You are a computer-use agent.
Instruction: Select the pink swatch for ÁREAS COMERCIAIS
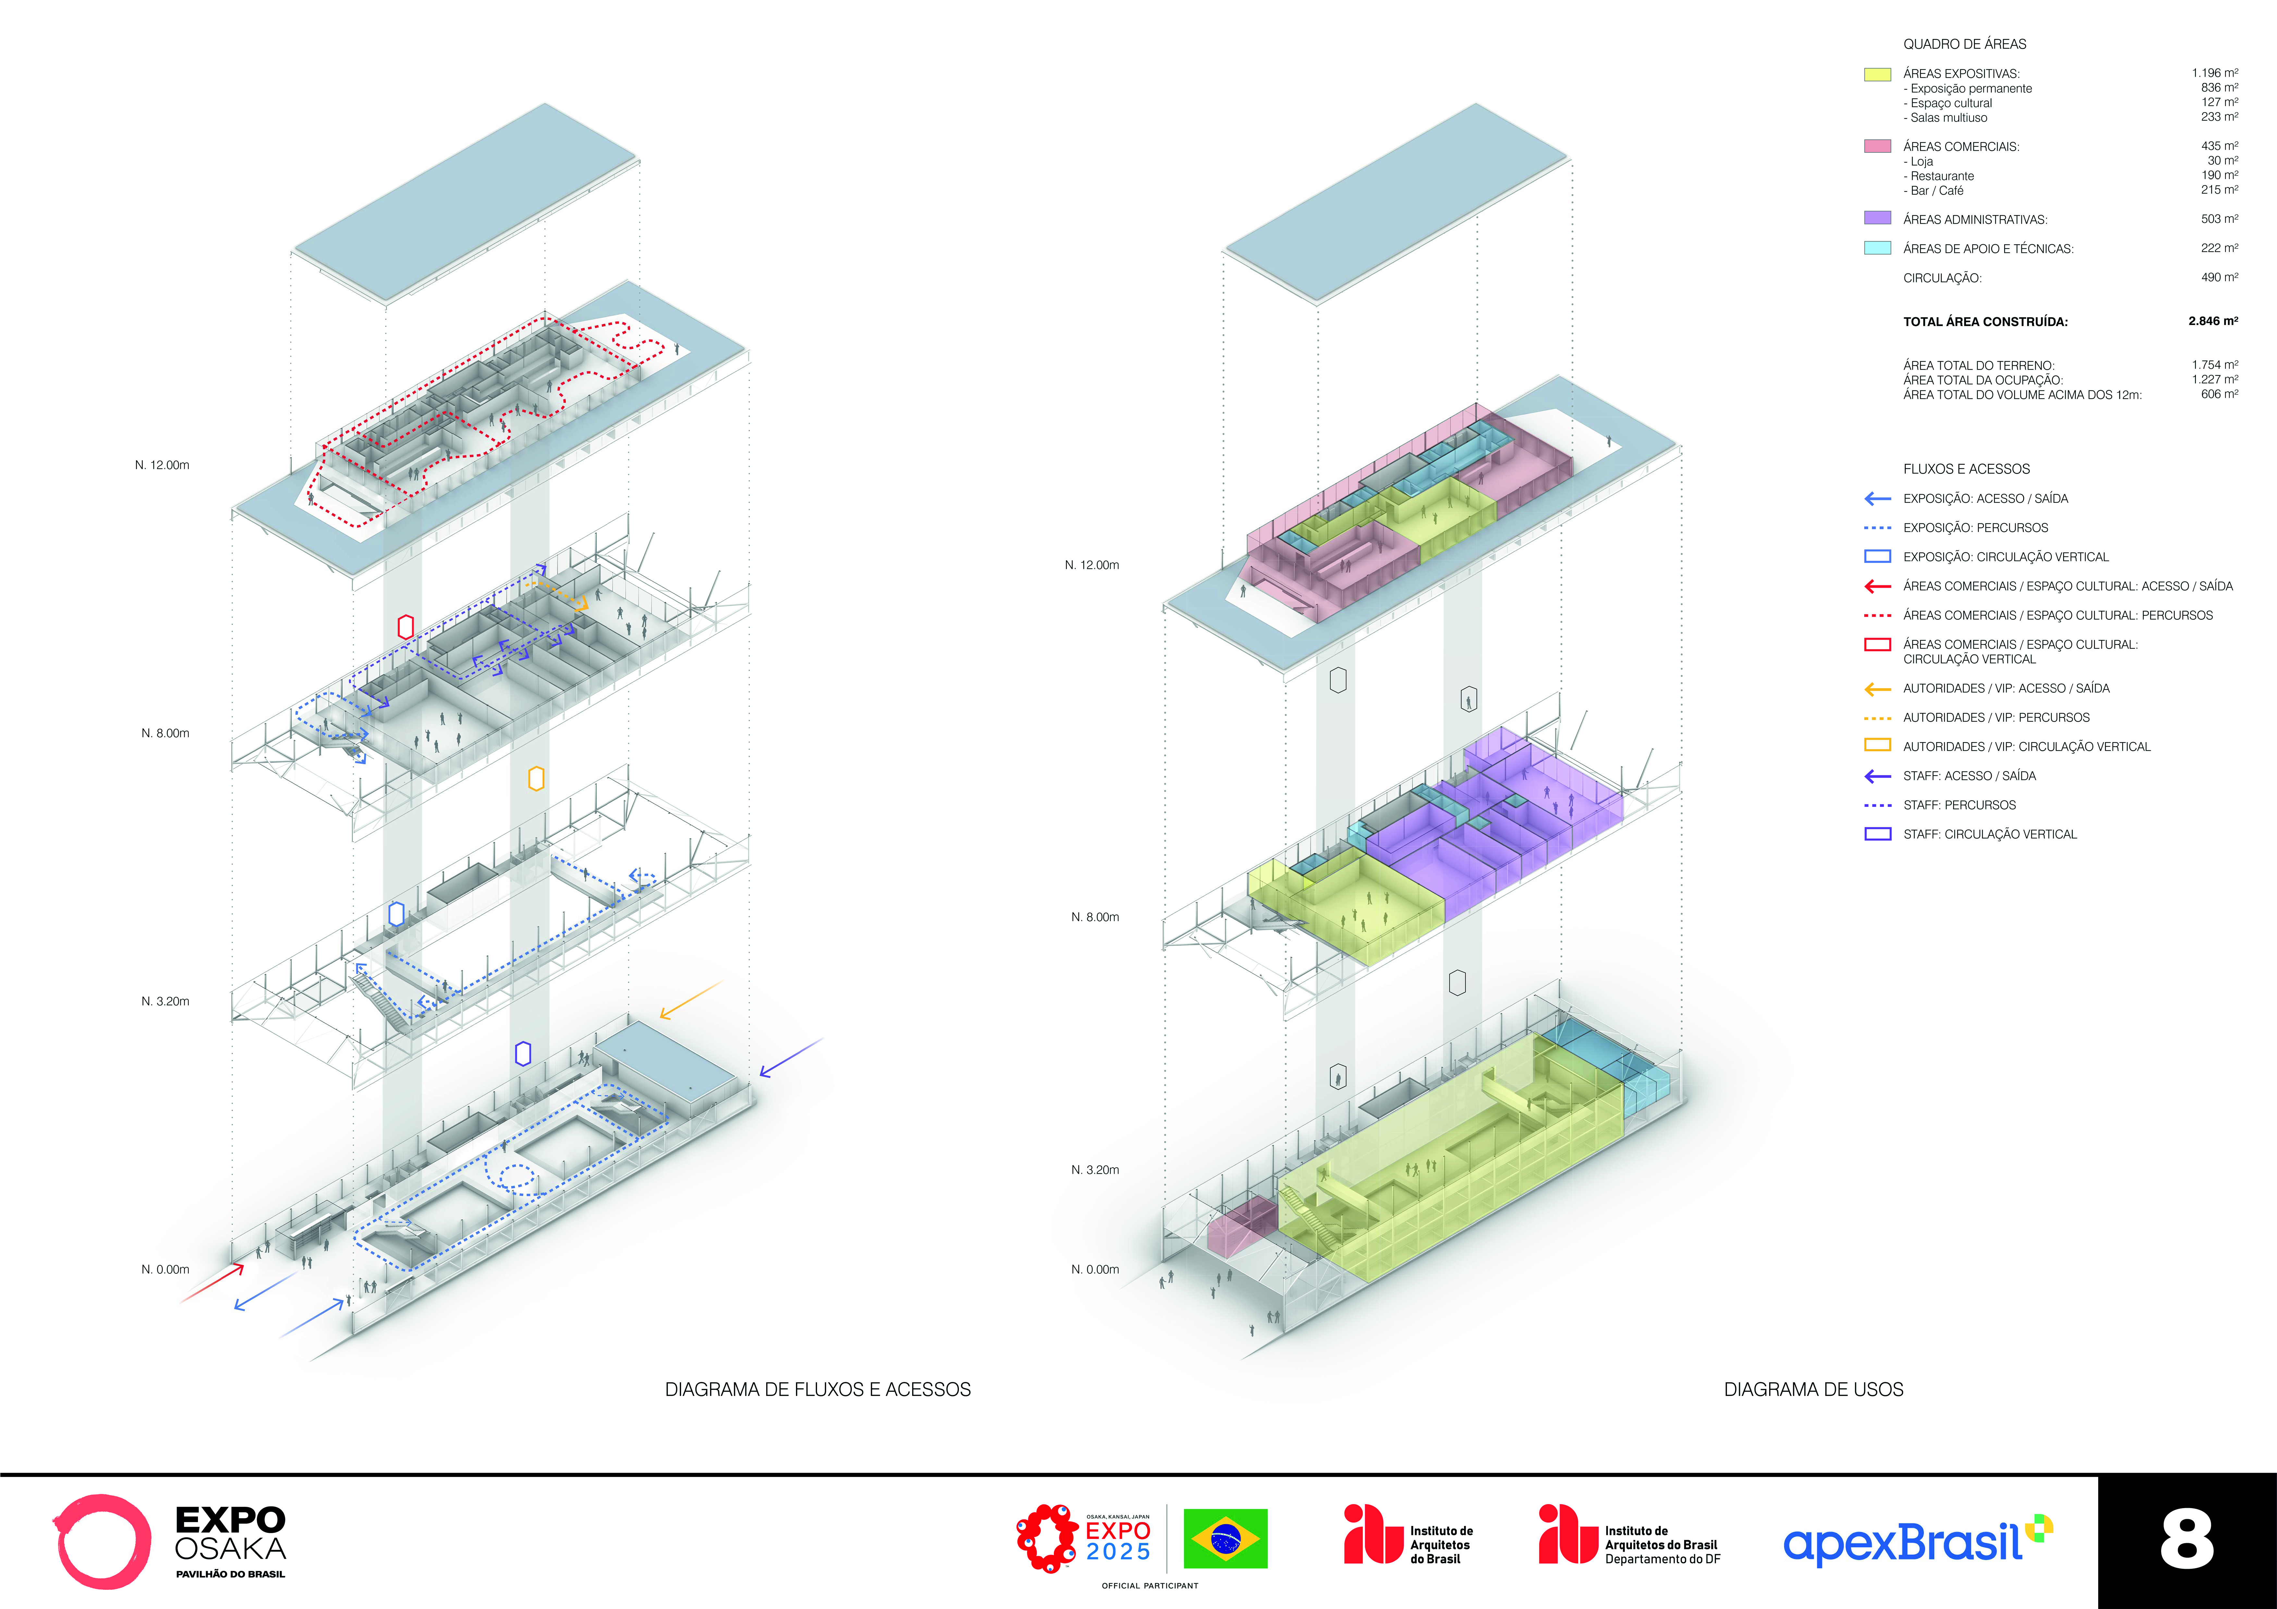1877,146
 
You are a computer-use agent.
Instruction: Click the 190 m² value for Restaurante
2220,175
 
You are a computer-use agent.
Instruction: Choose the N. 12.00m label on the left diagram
163,465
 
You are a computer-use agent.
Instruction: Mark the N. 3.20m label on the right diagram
1095,1170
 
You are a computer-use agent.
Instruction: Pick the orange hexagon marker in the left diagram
536,778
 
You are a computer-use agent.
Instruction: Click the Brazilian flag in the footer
1226,1539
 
